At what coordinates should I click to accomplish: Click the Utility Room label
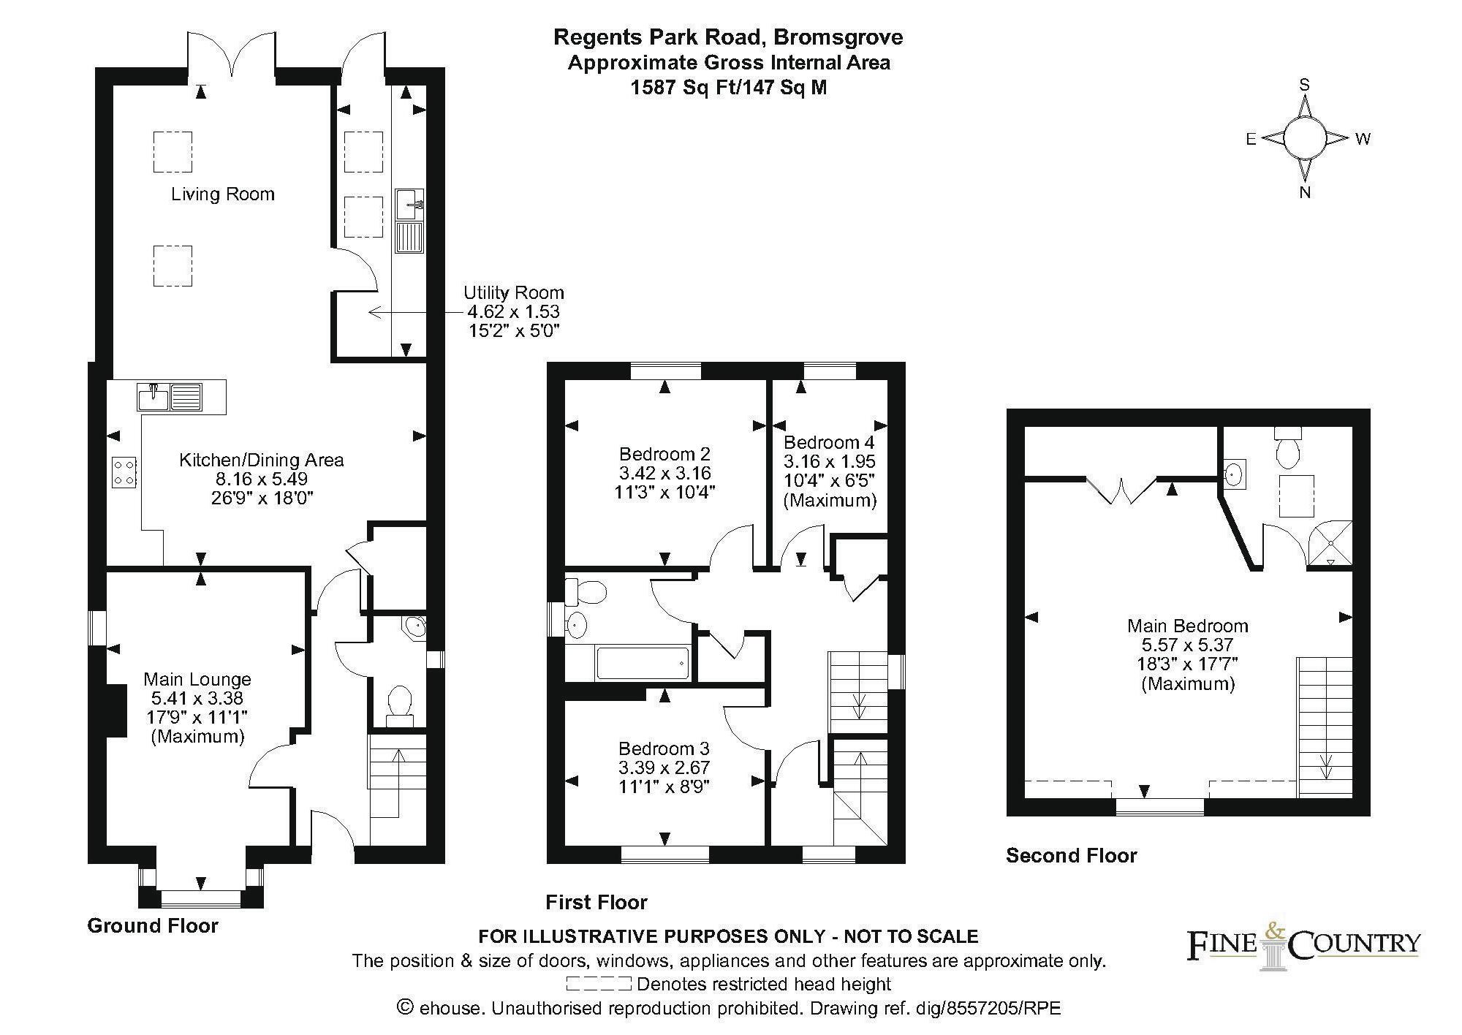pyautogui.click(x=513, y=293)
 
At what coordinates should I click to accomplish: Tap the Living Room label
pyautogui.click(x=223, y=194)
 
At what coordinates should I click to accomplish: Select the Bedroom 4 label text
pyautogui.click(x=829, y=442)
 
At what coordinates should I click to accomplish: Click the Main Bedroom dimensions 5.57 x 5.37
pyautogui.click(x=1188, y=645)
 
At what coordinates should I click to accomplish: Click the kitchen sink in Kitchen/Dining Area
pyautogui.click(x=169, y=397)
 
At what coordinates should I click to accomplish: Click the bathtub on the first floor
pyautogui.click(x=643, y=664)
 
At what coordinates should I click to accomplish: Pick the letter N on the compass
pyautogui.click(x=1304, y=193)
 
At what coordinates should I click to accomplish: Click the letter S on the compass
pyautogui.click(x=1303, y=85)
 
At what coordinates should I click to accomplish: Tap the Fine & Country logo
pyautogui.click(x=1303, y=948)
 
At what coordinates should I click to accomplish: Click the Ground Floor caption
pyautogui.click(x=153, y=926)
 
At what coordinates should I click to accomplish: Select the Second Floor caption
pyautogui.click(x=1072, y=856)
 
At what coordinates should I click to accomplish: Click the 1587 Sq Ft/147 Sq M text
pyautogui.click(x=730, y=88)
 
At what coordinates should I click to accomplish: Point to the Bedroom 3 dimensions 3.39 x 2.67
pyautogui.click(x=664, y=768)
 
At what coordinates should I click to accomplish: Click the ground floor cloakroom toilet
pyautogui.click(x=399, y=706)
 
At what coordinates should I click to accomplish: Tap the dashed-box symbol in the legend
pyautogui.click(x=598, y=984)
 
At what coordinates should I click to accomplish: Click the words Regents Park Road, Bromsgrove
pyautogui.click(x=728, y=37)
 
